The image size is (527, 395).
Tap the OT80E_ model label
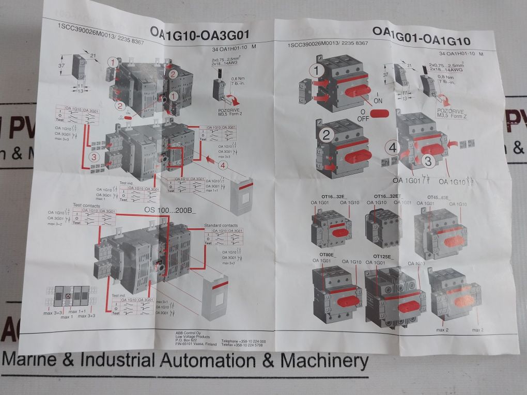(x=328, y=255)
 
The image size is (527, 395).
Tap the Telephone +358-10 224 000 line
(x=243, y=341)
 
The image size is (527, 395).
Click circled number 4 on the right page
(x=393, y=148)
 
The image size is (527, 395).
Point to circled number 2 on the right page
(x=326, y=135)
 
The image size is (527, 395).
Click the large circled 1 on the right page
(x=318, y=71)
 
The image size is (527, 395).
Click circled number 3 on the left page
(x=94, y=156)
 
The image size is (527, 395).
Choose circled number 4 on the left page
(x=222, y=166)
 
